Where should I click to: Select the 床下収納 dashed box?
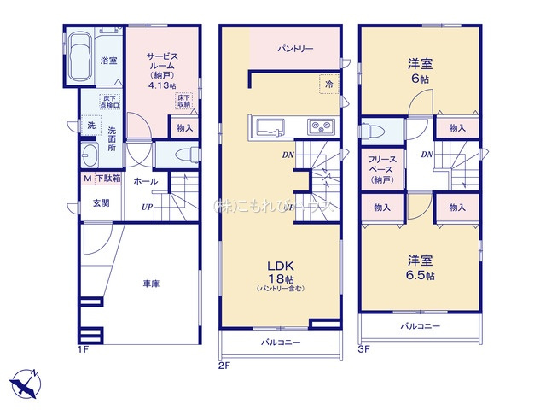coord(183,100)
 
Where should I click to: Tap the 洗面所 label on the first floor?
coord(112,138)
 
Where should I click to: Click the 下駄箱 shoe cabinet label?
coord(107,179)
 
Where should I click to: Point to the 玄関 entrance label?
coord(101,202)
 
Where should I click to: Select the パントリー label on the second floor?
coord(295,50)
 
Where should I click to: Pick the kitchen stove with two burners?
coord(322,127)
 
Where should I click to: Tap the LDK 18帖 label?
coord(283,272)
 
